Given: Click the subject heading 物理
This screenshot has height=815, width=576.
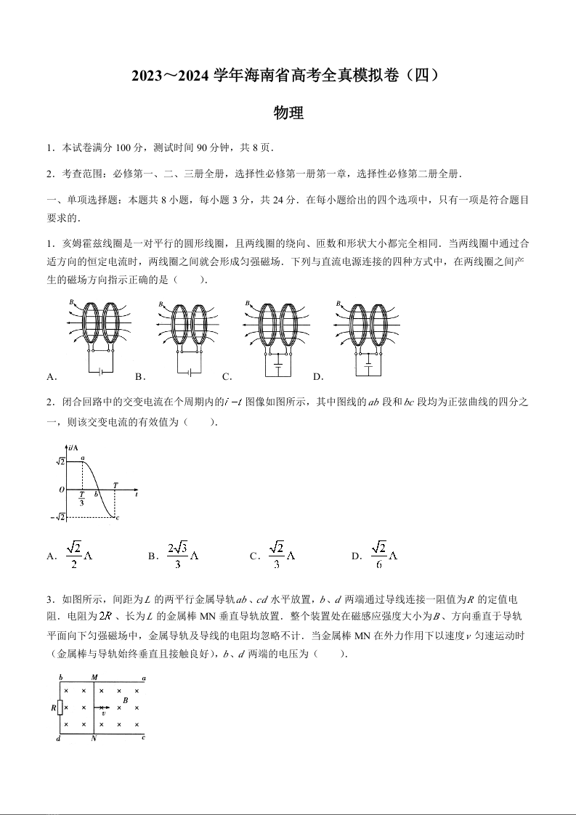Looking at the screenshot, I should [x=288, y=113].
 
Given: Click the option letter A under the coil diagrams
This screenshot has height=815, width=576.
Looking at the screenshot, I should [x=50, y=376].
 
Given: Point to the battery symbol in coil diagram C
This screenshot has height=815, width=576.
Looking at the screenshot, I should [x=278, y=360].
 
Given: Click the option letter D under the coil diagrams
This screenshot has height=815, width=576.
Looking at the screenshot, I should [x=317, y=376].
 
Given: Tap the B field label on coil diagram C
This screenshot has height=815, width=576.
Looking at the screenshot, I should [x=248, y=304].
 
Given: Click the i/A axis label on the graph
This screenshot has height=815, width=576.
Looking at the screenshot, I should [x=73, y=447].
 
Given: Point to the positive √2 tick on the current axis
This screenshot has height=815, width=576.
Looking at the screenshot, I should [x=60, y=461].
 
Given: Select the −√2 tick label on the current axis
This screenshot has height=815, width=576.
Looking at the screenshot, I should [x=59, y=516].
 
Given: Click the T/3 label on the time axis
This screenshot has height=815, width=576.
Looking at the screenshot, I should [x=81, y=498].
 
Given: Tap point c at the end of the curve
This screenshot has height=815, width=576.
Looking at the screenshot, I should [x=118, y=517].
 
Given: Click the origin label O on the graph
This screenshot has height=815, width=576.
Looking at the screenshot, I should [x=62, y=490].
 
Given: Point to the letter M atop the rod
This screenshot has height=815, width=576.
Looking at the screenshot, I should [x=94, y=677].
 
